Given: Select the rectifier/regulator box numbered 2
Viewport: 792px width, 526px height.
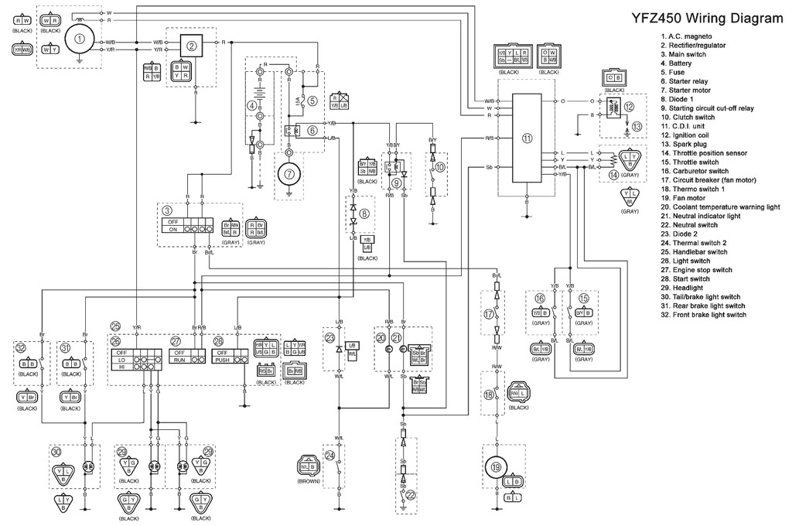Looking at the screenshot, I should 193,46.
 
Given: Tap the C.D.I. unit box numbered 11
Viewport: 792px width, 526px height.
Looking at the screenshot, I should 527,139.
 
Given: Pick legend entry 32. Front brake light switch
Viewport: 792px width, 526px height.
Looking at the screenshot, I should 703,315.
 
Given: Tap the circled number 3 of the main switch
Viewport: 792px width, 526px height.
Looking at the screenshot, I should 167,210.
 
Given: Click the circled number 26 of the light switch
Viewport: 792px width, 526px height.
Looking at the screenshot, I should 116,341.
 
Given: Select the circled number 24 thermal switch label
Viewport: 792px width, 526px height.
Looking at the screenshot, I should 329,456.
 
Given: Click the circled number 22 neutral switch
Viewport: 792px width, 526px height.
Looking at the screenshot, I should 411,495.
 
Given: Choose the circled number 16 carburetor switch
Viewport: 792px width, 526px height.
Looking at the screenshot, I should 541,298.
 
